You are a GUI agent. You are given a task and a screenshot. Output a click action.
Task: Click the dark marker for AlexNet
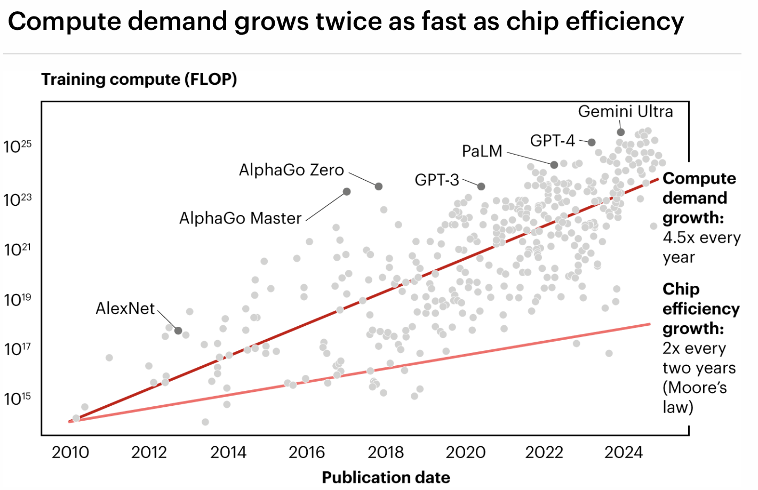coord(178,331)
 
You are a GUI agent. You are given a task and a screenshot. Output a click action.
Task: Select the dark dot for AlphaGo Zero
coord(379,186)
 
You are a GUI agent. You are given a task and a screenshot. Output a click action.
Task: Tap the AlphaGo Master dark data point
coord(347,191)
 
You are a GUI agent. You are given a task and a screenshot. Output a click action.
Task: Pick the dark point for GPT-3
coord(481,186)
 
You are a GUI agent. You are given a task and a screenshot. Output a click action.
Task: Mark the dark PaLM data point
coord(554,165)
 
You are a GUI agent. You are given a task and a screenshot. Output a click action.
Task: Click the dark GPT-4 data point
coord(592,142)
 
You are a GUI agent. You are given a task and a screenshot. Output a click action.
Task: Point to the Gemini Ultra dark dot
coord(621,132)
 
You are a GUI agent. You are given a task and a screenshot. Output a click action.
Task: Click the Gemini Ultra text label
coord(625,111)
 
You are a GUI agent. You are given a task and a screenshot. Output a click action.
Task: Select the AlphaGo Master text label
coord(240,218)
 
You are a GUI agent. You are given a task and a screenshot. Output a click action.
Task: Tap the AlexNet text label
coord(125,308)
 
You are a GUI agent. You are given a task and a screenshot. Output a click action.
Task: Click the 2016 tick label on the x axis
coord(307,452)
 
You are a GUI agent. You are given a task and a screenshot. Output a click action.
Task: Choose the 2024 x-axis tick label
coord(623,452)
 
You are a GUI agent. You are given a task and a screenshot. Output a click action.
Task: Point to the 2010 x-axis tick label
coord(70,452)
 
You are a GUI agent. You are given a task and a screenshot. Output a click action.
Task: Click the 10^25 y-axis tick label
coord(17,147)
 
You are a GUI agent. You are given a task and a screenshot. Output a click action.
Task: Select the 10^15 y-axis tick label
coord(17,399)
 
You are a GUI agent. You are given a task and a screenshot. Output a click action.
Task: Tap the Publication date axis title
coord(386,477)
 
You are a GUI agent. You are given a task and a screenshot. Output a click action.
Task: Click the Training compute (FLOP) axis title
coord(139,79)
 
